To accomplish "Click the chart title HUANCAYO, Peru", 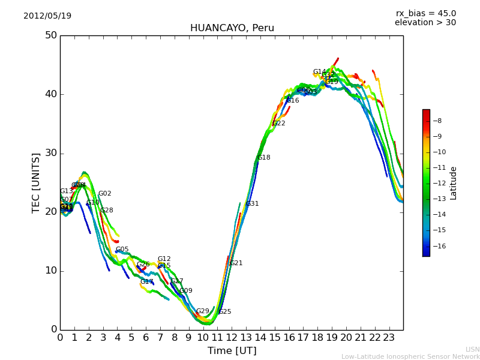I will tap(232, 28).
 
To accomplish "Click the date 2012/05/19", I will tap(47, 16).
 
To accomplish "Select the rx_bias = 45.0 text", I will tap(425, 14).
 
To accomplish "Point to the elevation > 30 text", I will tap(425, 23).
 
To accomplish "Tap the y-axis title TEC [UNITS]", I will tap(36, 182).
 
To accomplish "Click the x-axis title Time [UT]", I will tap(232, 351).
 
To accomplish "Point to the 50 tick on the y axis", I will tap(51, 35).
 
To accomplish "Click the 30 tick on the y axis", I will tap(51, 153).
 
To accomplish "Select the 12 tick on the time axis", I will tap(232, 337).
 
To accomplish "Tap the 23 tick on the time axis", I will tap(389, 337).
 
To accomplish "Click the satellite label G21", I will tap(236, 263).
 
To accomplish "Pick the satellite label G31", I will tap(253, 204).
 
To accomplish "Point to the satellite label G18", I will tap(264, 158).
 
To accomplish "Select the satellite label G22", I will tap(279, 124).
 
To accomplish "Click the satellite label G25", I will tap(225, 312).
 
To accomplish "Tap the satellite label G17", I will tap(147, 282).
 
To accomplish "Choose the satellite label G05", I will tap(122, 250).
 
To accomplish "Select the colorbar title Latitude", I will tap(454, 183).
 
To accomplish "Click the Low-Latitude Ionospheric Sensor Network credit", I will tap(410, 357).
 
